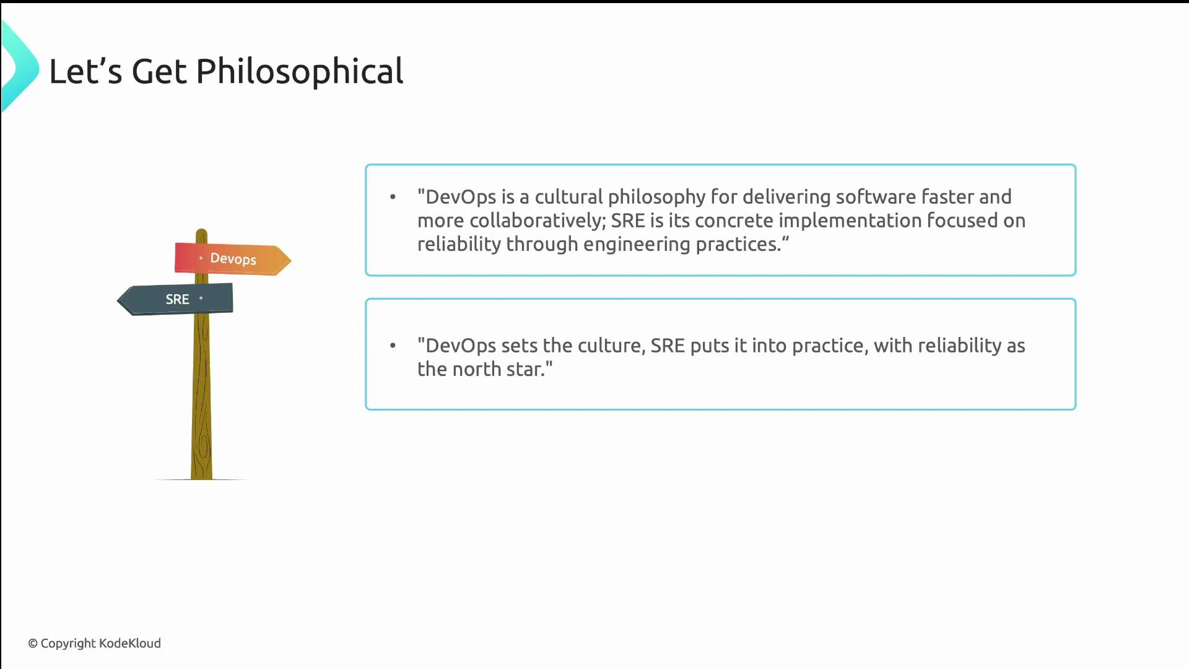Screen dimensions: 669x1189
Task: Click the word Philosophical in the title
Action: (x=300, y=72)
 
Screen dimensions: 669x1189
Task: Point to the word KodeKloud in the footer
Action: (x=130, y=643)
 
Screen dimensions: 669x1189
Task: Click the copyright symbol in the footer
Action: (x=33, y=644)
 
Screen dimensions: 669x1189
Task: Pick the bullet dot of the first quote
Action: (x=393, y=197)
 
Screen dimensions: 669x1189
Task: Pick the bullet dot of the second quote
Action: (x=393, y=346)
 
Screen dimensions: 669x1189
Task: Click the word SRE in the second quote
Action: (x=667, y=346)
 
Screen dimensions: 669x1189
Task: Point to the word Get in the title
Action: (x=159, y=72)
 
